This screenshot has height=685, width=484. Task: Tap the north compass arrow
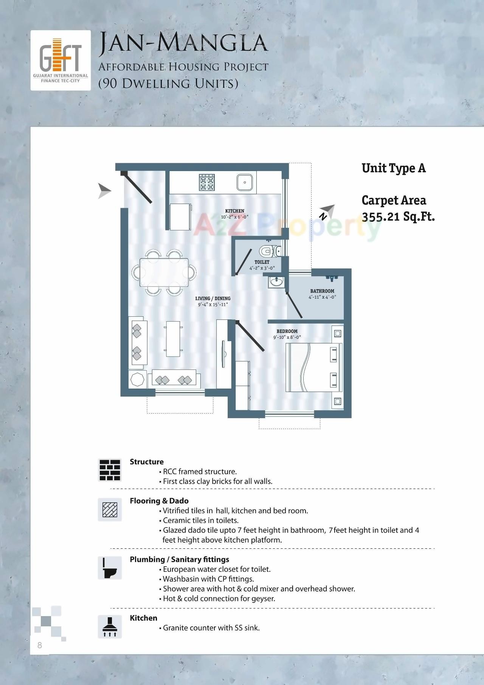(327, 212)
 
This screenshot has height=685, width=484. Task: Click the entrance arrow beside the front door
(104, 191)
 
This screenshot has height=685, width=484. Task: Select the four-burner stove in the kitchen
(207, 182)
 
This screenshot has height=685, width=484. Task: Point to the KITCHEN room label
(234, 211)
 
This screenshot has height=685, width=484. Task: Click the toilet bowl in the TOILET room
(267, 251)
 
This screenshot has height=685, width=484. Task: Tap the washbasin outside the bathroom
(277, 282)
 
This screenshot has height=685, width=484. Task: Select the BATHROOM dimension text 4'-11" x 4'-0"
(322, 297)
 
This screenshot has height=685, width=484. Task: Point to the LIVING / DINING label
(213, 298)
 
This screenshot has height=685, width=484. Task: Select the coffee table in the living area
(172, 339)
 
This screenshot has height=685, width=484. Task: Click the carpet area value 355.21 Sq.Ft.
(398, 217)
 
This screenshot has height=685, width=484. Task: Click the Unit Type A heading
(394, 168)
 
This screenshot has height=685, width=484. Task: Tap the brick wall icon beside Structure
(110, 470)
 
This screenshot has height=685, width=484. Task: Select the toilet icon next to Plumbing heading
(110, 568)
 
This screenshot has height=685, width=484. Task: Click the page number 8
(40, 646)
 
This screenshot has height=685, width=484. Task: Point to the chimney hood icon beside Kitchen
(110, 626)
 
